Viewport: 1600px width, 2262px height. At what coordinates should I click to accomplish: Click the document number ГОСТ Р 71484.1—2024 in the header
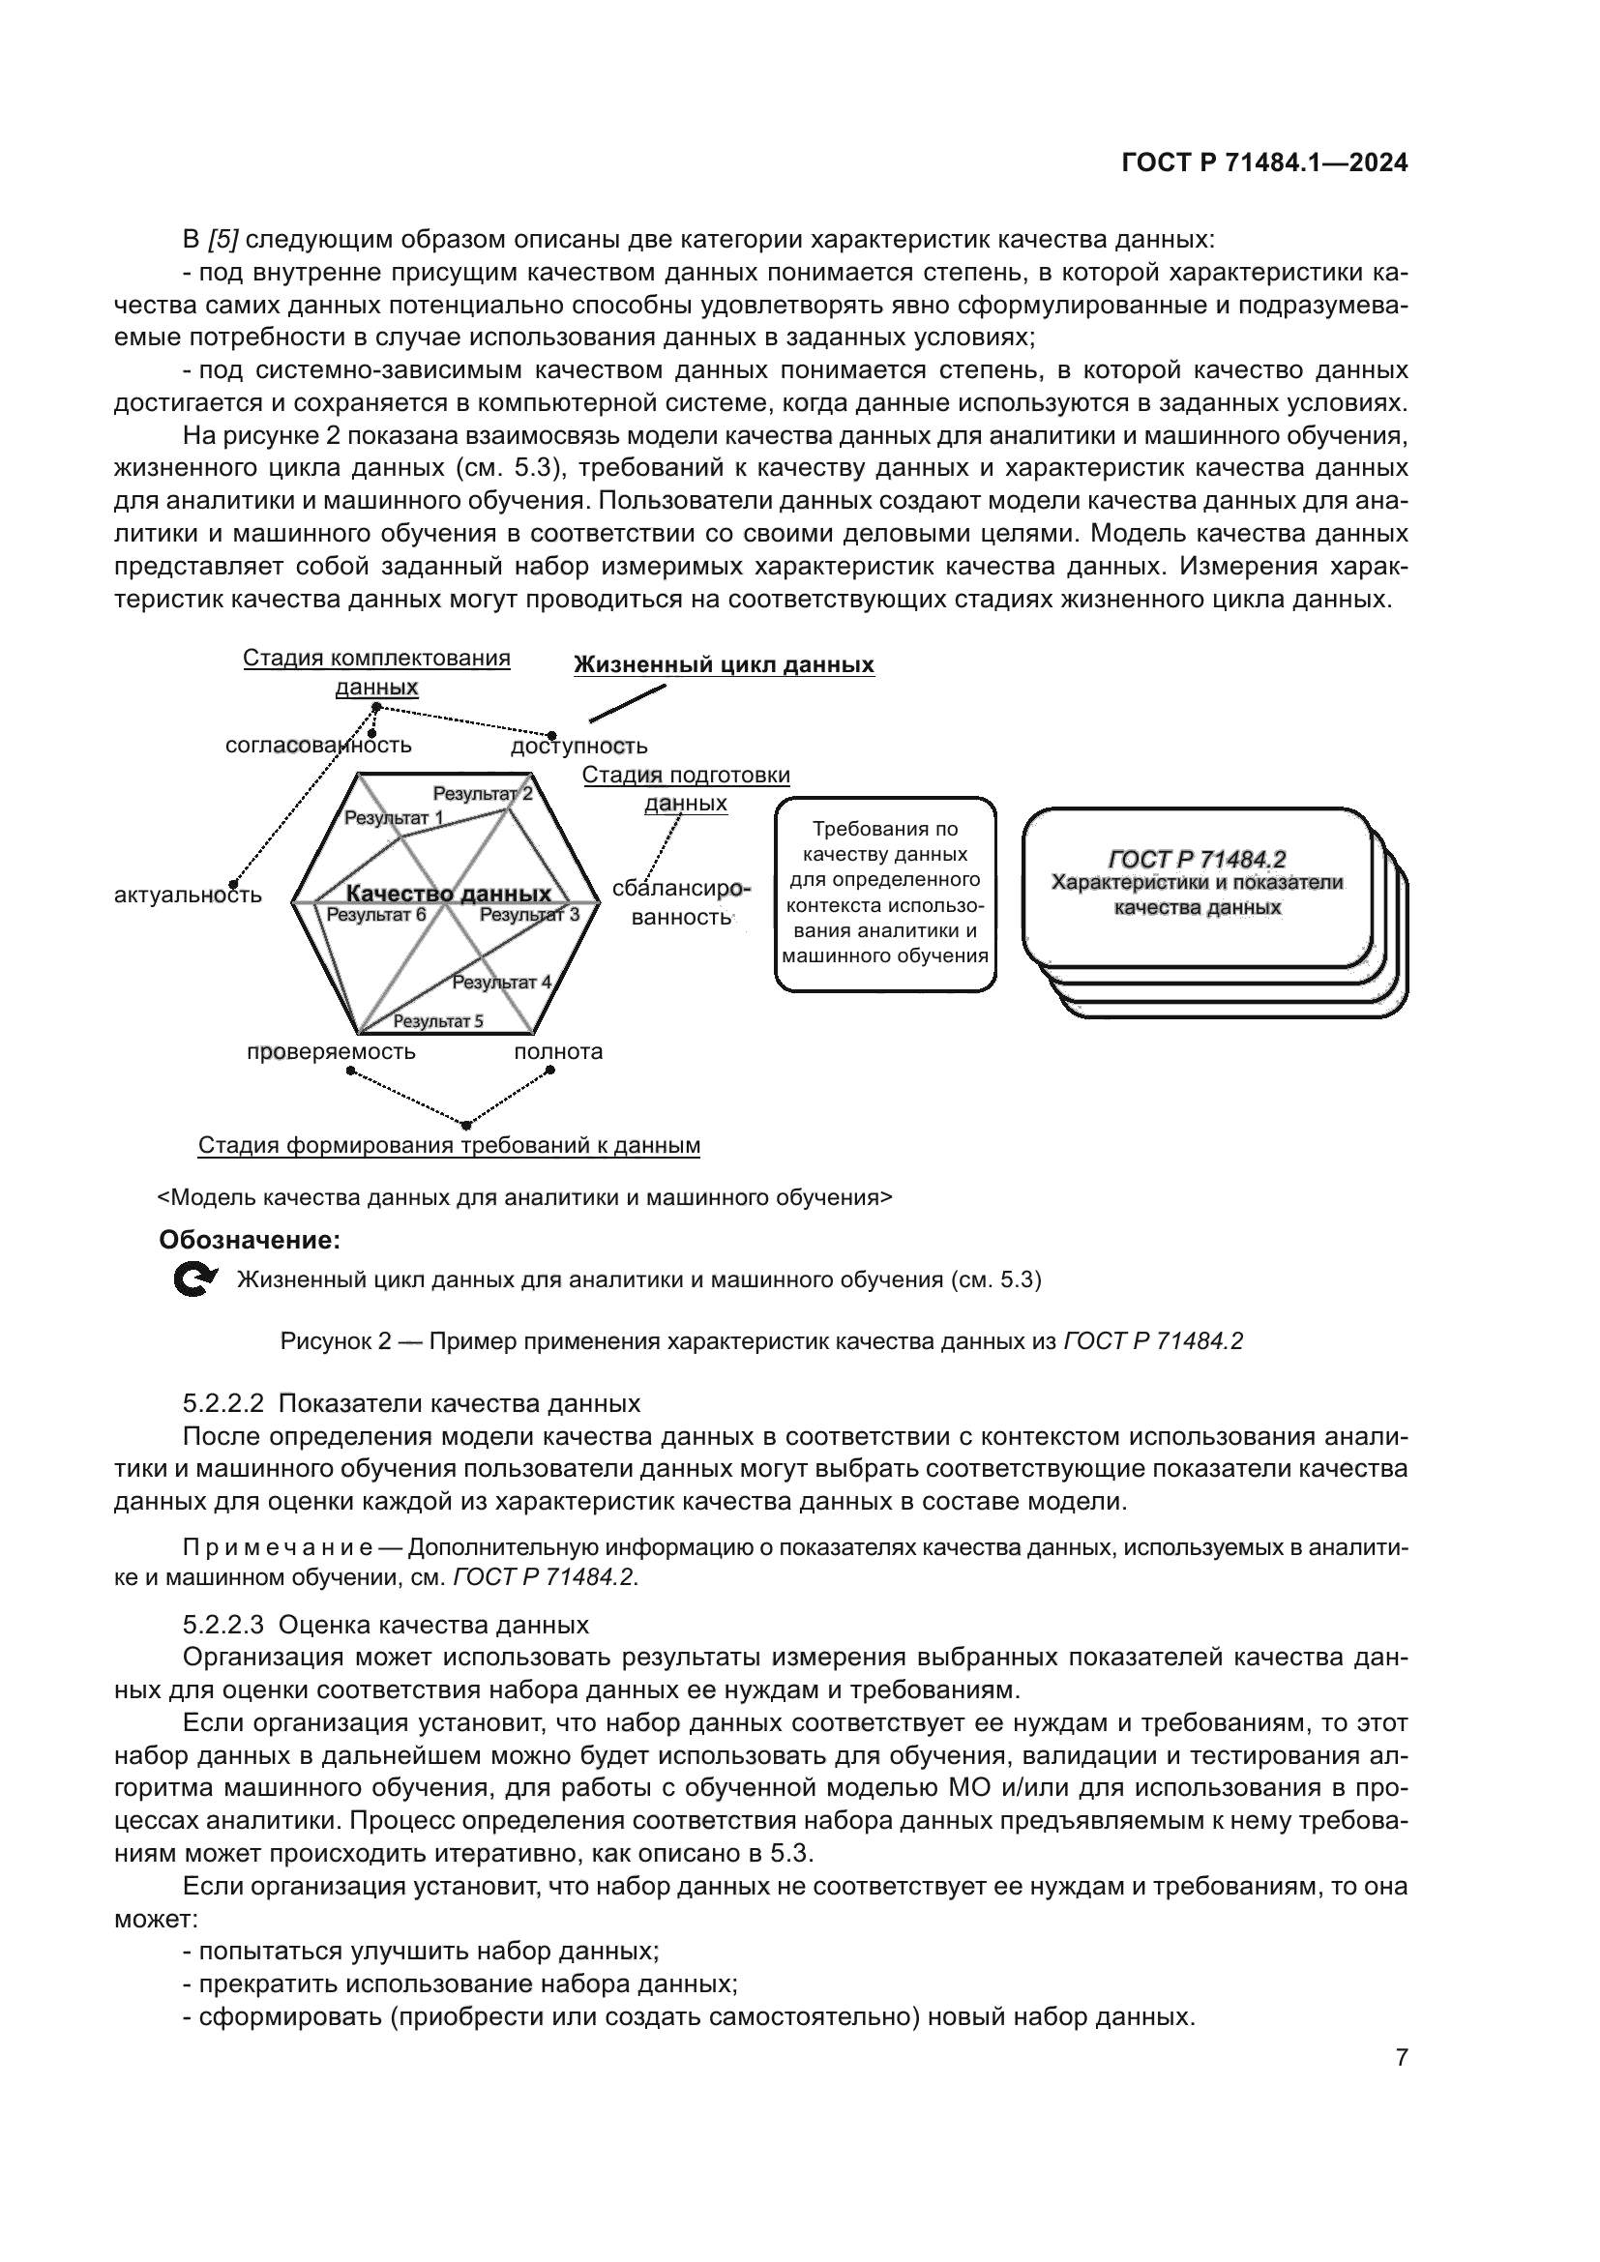click(1264, 163)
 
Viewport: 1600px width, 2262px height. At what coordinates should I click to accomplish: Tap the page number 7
click(1401, 2057)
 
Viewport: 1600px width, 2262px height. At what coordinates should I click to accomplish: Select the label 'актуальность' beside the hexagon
click(189, 895)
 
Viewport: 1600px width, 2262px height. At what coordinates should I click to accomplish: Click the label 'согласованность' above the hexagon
click(317, 745)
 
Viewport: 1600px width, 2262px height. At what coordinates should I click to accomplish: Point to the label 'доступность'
click(578, 746)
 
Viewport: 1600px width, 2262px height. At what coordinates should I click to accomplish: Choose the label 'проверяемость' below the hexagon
click(331, 1051)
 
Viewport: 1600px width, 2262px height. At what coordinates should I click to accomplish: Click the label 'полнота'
click(557, 1051)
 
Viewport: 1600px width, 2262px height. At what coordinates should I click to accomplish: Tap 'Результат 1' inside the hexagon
click(393, 818)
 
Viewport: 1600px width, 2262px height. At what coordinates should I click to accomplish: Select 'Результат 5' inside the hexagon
click(437, 1020)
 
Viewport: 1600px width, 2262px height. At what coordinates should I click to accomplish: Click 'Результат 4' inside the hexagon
click(501, 982)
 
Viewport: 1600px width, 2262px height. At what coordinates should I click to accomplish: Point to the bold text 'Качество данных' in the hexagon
click(448, 894)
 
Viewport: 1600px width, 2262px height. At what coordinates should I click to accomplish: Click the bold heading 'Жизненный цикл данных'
click(724, 665)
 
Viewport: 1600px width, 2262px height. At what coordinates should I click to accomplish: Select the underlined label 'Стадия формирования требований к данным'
click(449, 1145)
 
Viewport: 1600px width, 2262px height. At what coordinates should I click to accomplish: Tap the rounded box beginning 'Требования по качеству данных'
click(885, 893)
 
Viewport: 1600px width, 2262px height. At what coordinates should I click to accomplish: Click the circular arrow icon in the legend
click(194, 1279)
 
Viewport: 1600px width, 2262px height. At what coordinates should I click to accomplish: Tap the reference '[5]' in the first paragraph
click(222, 240)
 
